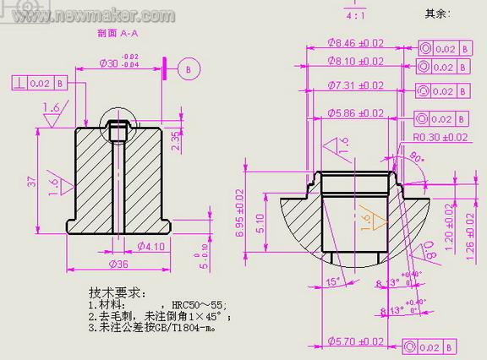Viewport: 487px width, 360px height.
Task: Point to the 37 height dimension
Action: (x=32, y=181)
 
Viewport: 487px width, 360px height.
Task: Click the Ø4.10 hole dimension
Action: (x=150, y=247)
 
